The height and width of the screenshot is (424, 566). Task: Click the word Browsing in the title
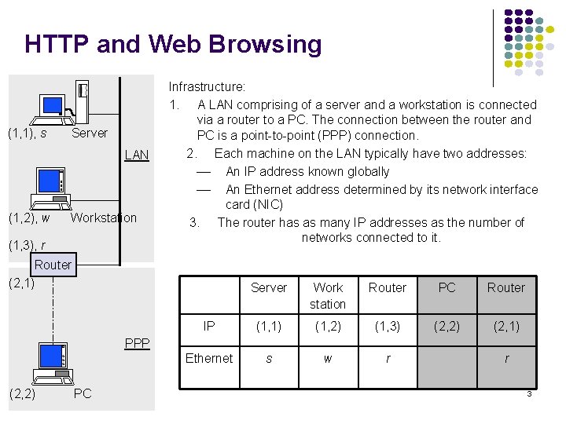pos(272,45)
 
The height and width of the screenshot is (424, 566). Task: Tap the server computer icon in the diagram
pos(63,102)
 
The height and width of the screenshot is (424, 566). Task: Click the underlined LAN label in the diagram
pos(137,155)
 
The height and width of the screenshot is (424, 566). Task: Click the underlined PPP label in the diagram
pos(137,343)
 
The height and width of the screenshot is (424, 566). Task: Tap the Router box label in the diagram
pos(53,265)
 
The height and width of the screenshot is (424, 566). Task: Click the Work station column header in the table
pos(328,295)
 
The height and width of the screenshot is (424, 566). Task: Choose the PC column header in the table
pos(447,287)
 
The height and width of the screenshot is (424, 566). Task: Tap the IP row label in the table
pos(208,326)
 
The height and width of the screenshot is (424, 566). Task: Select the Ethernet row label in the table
pos(208,358)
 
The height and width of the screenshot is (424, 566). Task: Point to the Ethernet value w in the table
pos(328,358)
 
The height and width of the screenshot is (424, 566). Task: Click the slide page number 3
pos(529,393)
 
